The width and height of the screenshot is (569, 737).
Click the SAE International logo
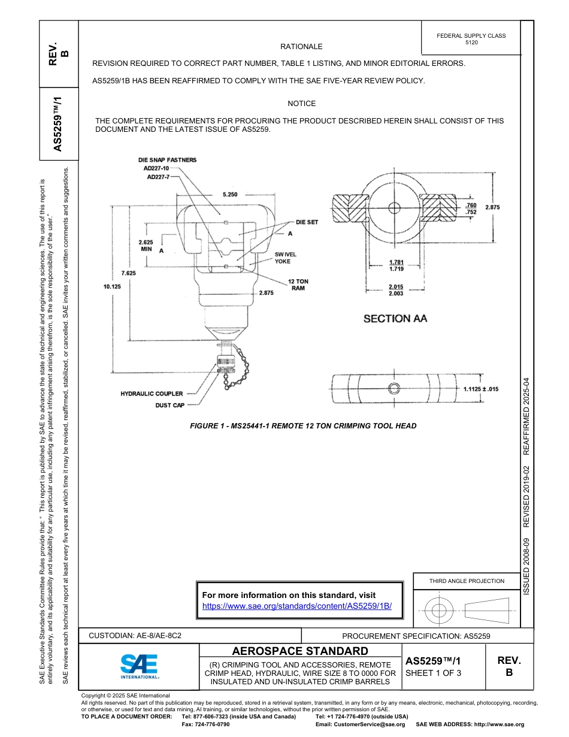pyautogui.click(x=139, y=666)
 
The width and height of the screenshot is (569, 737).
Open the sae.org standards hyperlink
pyautogui.click(x=297, y=606)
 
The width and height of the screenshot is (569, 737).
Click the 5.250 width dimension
pyautogui.click(x=229, y=195)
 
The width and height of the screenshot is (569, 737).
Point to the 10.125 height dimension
pyautogui.click(x=112, y=286)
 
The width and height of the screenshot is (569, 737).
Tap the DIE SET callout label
pyautogui.click(x=307, y=222)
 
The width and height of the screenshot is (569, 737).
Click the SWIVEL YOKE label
pyautogui.click(x=285, y=258)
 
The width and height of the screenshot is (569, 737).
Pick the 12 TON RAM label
pyautogui.click(x=298, y=285)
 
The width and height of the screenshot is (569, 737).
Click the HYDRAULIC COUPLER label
pyautogui.click(x=152, y=394)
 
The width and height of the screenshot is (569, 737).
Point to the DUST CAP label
pyautogui.click(x=170, y=406)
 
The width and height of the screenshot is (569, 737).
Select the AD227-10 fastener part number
pyautogui.click(x=156, y=168)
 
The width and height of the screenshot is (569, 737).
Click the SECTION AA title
pyautogui.click(x=395, y=319)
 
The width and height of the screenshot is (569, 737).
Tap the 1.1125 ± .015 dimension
pyautogui.click(x=481, y=389)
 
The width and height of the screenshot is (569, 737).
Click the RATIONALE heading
pyautogui.click(x=301, y=47)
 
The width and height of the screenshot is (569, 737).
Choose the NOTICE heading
pyautogui.click(x=301, y=104)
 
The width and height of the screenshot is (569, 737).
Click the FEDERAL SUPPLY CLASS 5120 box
pyautogui.click(x=471, y=39)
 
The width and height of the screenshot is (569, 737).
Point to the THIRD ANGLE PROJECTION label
pyautogui.click(x=467, y=581)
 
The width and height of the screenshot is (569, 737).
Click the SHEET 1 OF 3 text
pyautogui.click(x=433, y=673)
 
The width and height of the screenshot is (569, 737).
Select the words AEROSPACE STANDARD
pyautogui.click(x=300, y=651)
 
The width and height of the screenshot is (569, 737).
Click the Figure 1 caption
pyautogui.click(x=302, y=426)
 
